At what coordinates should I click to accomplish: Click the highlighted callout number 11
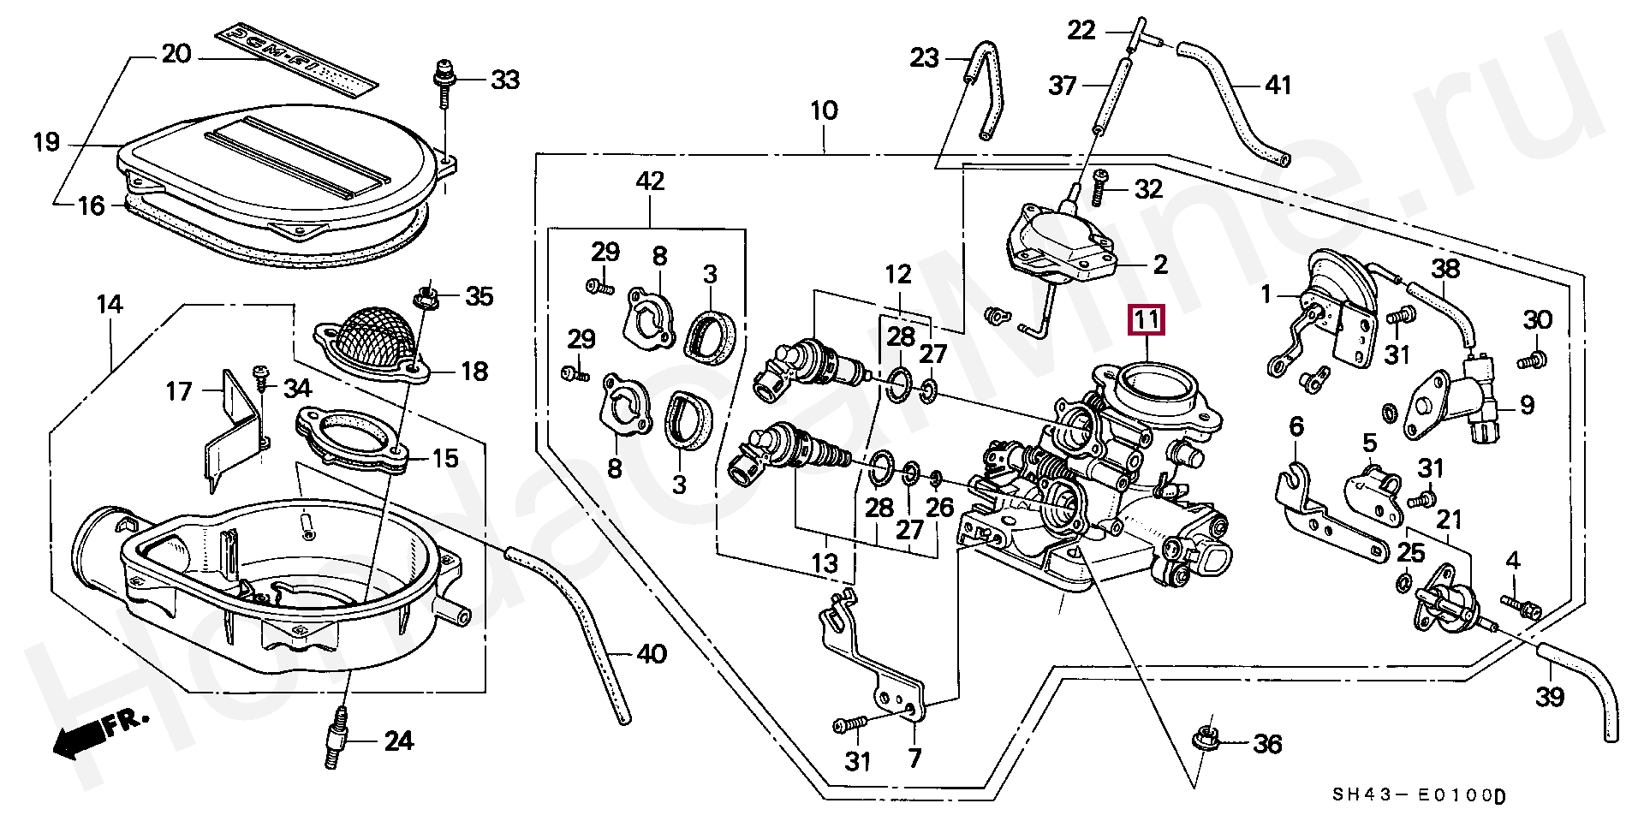tap(1147, 320)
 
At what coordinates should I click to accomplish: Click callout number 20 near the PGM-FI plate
tap(176, 54)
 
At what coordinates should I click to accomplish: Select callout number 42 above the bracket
tap(650, 181)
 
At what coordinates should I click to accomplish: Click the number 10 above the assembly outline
tap(824, 110)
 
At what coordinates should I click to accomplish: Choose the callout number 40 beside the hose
tap(652, 654)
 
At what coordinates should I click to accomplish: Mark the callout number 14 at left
tap(110, 304)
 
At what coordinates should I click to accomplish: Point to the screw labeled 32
tap(1099, 188)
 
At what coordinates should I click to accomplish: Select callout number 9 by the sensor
tap(1528, 406)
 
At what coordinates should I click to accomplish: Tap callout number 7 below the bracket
tap(914, 759)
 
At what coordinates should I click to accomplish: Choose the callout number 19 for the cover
tap(47, 142)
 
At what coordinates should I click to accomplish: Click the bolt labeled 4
tap(1520, 608)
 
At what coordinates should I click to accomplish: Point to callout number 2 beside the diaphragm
tap(1160, 264)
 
